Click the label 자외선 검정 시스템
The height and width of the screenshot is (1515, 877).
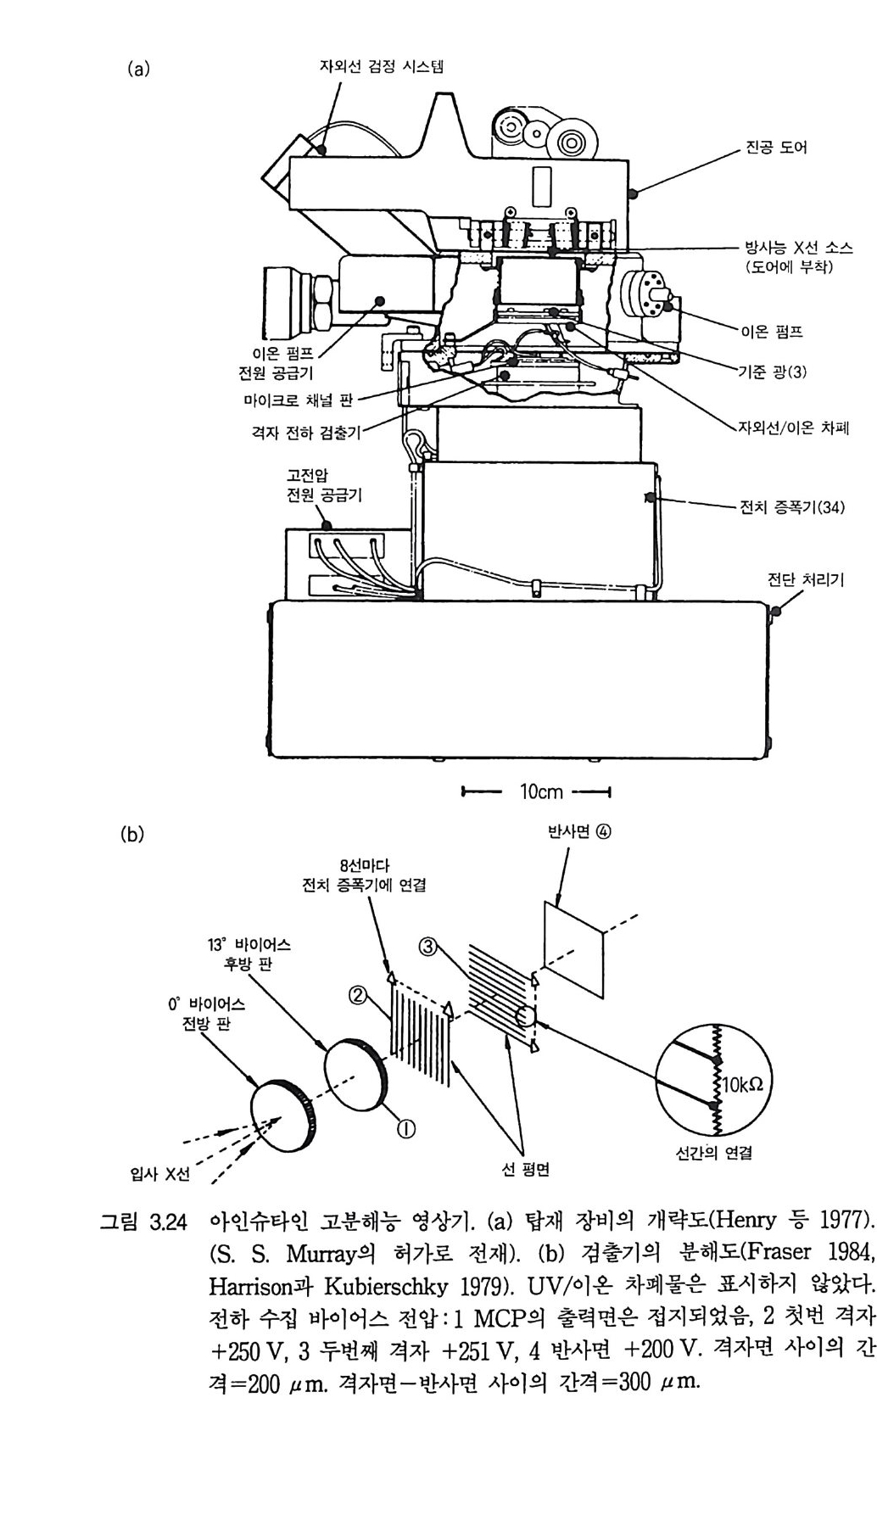pyautogui.click(x=381, y=65)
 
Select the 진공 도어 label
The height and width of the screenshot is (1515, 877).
pyautogui.click(x=776, y=148)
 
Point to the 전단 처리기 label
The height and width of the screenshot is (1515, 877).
pyautogui.click(x=805, y=580)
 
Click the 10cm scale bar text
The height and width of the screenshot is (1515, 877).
pyautogui.click(x=541, y=791)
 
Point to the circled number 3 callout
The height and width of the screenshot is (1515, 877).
pyautogui.click(x=429, y=945)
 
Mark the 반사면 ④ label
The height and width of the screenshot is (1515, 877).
pyautogui.click(x=580, y=832)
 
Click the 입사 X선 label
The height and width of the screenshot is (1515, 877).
pyautogui.click(x=159, y=1174)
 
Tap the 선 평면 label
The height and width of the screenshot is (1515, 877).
pyautogui.click(x=526, y=1170)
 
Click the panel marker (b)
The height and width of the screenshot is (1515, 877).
pyautogui.click(x=132, y=835)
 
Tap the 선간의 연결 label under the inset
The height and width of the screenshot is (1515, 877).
pyautogui.click(x=713, y=1153)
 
